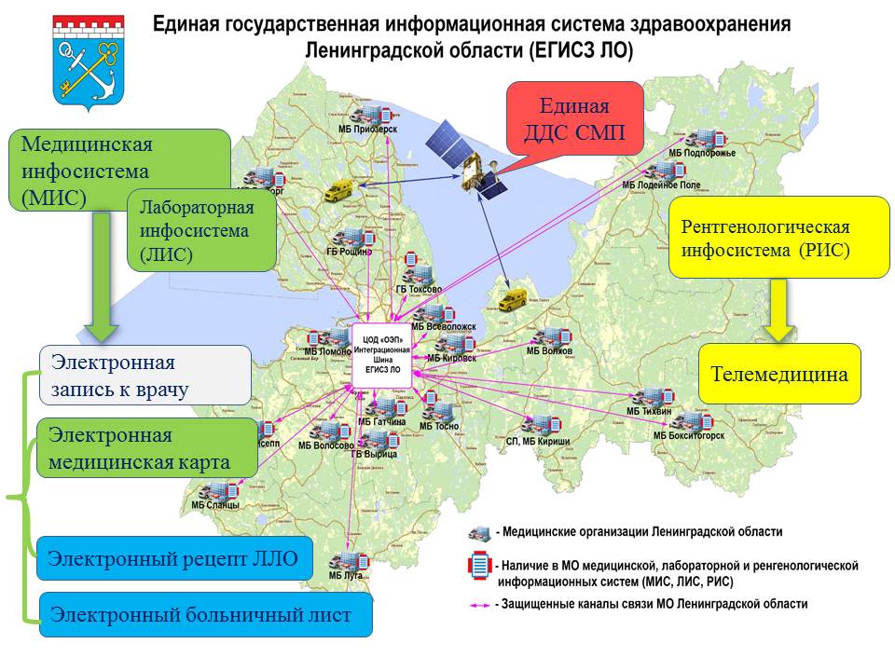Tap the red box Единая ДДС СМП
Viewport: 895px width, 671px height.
575,117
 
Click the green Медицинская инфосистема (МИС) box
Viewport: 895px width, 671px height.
119,170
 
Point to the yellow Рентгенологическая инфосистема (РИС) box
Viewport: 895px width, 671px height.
779,238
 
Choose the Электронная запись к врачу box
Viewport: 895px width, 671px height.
145,375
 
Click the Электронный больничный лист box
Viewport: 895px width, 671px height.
205,614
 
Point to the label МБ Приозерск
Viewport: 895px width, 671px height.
368,130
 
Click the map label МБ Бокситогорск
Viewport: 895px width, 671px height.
688,435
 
